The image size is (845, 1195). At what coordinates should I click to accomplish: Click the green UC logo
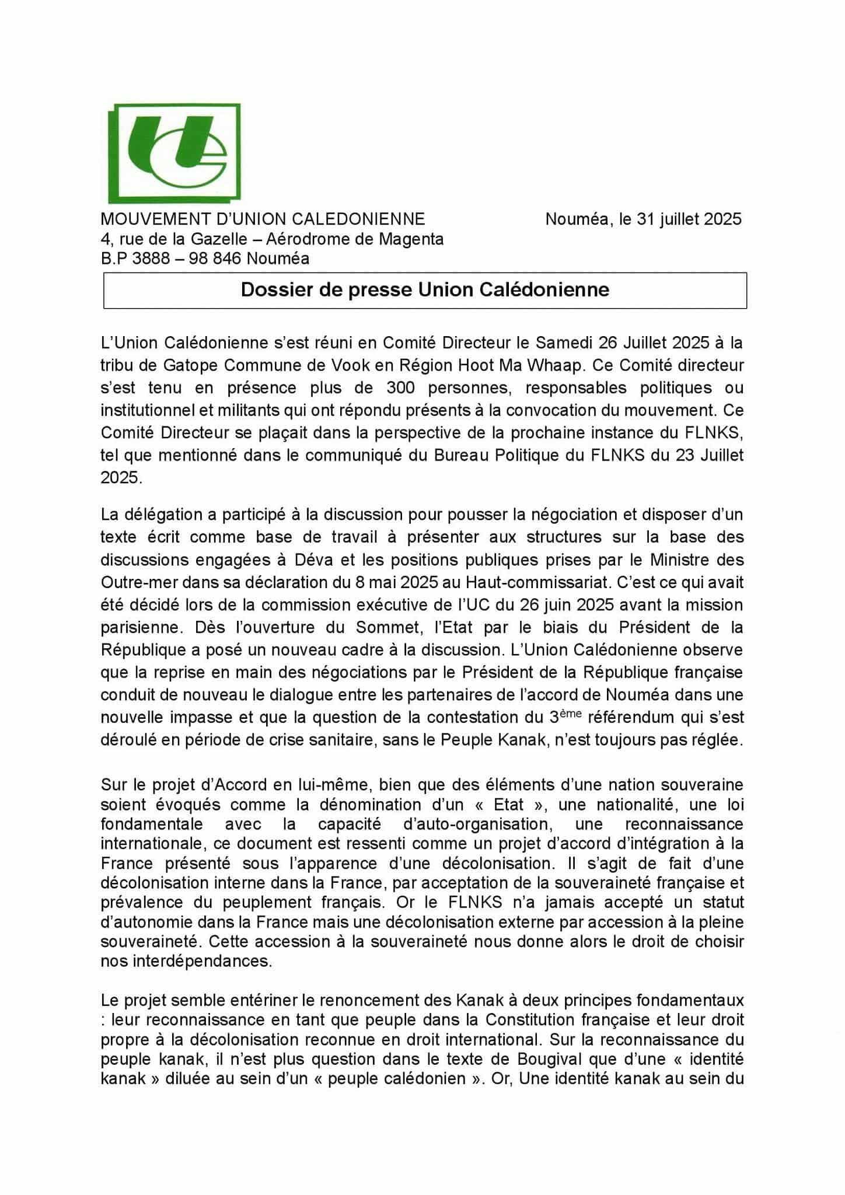pyautogui.click(x=175, y=152)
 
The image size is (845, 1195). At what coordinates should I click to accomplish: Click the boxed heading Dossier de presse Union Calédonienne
pyautogui.click(x=425, y=290)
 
